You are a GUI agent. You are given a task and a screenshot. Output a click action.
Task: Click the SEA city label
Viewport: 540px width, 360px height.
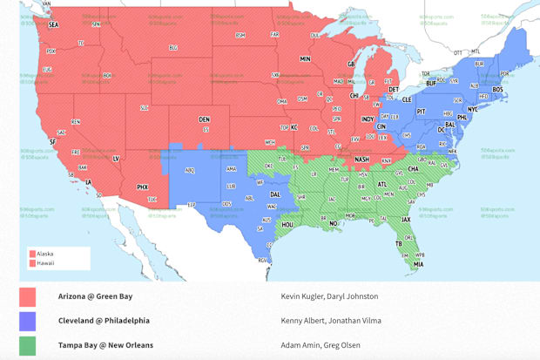click(x=53, y=25)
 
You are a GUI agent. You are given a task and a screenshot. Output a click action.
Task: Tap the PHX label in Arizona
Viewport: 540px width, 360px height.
click(x=143, y=187)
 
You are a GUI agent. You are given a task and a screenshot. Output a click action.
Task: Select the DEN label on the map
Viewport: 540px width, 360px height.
click(x=204, y=119)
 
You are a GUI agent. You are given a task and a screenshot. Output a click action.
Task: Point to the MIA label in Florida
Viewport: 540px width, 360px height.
click(x=419, y=263)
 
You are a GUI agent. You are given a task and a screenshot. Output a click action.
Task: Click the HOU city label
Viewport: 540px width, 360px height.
click(x=287, y=224)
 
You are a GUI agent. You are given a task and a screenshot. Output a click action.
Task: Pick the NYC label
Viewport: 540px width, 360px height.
click(x=474, y=109)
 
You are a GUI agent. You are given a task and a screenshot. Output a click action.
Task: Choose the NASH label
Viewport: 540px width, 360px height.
click(x=360, y=159)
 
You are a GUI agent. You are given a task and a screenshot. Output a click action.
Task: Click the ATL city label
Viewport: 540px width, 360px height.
click(x=381, y=185)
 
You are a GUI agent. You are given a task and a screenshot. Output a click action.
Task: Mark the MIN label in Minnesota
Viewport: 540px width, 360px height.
click(x=305, y=58)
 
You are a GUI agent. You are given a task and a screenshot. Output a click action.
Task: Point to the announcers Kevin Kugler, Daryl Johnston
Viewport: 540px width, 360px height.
click(x=329, y=296)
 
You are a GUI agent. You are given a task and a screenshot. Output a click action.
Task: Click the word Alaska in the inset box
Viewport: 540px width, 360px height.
click(x=45, y=254)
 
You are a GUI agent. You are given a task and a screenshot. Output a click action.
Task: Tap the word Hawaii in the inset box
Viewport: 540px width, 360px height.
click(x=45, y=262)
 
